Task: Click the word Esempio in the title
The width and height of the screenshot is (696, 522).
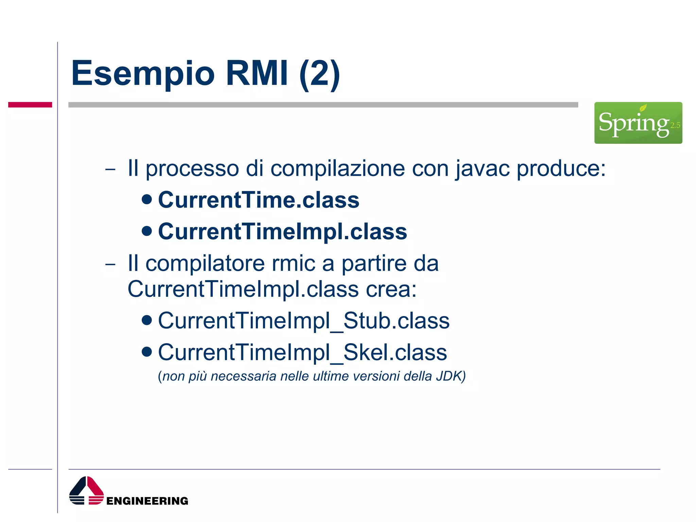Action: (x=143, y=73)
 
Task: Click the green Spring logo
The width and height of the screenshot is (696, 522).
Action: (x=638, y=123)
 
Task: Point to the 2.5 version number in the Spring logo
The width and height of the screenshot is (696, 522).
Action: (x=675, y=125)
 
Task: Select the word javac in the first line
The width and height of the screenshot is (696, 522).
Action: (x=483, y=169)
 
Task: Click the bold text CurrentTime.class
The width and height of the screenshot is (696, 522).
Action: (x=258, y=200)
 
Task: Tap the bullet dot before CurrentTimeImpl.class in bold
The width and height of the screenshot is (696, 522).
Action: (x=146, y=231)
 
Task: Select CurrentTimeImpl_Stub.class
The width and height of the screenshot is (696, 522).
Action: (x=303, y=320)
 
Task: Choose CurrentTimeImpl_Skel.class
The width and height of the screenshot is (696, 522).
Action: (x=302, y=352)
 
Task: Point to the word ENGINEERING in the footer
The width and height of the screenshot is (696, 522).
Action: (x=147, y=501)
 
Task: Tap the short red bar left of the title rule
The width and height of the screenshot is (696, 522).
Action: (x=30, y=105)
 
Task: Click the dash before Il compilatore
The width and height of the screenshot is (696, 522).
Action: (x=110, y=264)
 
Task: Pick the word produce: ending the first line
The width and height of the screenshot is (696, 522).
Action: (x=561, y=169)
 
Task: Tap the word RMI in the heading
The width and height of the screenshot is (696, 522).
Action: (x=257, y=73)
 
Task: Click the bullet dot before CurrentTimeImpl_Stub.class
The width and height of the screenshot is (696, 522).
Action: (x=146, y=320)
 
